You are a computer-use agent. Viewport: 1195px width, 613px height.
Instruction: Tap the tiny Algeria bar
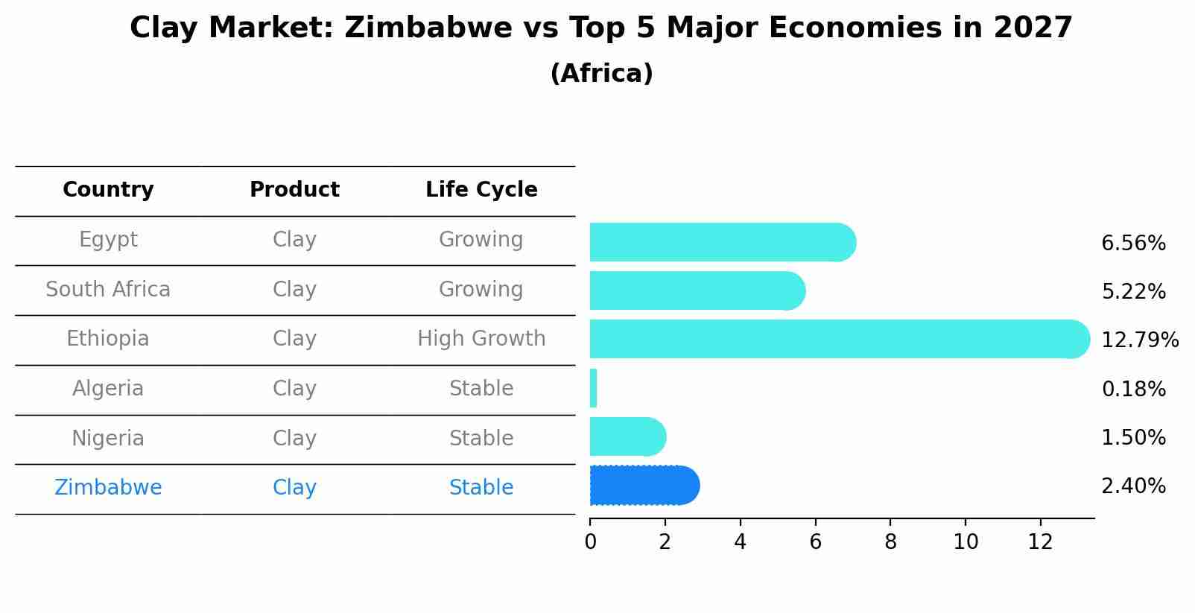593,388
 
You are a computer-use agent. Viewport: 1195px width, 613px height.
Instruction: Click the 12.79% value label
1139,340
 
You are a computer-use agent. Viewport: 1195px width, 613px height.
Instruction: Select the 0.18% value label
1133,389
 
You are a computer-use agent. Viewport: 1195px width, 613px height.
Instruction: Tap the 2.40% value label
1133,486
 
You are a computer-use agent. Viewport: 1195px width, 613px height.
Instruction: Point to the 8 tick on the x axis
890,542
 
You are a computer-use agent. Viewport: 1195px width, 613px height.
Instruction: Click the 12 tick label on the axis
1040,542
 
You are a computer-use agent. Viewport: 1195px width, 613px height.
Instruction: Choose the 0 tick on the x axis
590,542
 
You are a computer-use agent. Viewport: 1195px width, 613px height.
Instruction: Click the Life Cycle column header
481,190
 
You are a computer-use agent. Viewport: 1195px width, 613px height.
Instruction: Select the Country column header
108,190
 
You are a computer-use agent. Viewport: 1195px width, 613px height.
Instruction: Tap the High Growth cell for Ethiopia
481,339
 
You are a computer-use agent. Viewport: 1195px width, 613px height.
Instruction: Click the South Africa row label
108,290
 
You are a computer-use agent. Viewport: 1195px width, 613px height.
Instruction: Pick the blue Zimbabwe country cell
108,488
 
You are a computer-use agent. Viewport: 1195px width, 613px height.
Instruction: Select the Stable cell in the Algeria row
481,389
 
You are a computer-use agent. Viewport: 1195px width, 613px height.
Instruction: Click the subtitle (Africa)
601,74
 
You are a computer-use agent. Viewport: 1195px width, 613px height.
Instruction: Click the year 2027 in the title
1033,28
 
